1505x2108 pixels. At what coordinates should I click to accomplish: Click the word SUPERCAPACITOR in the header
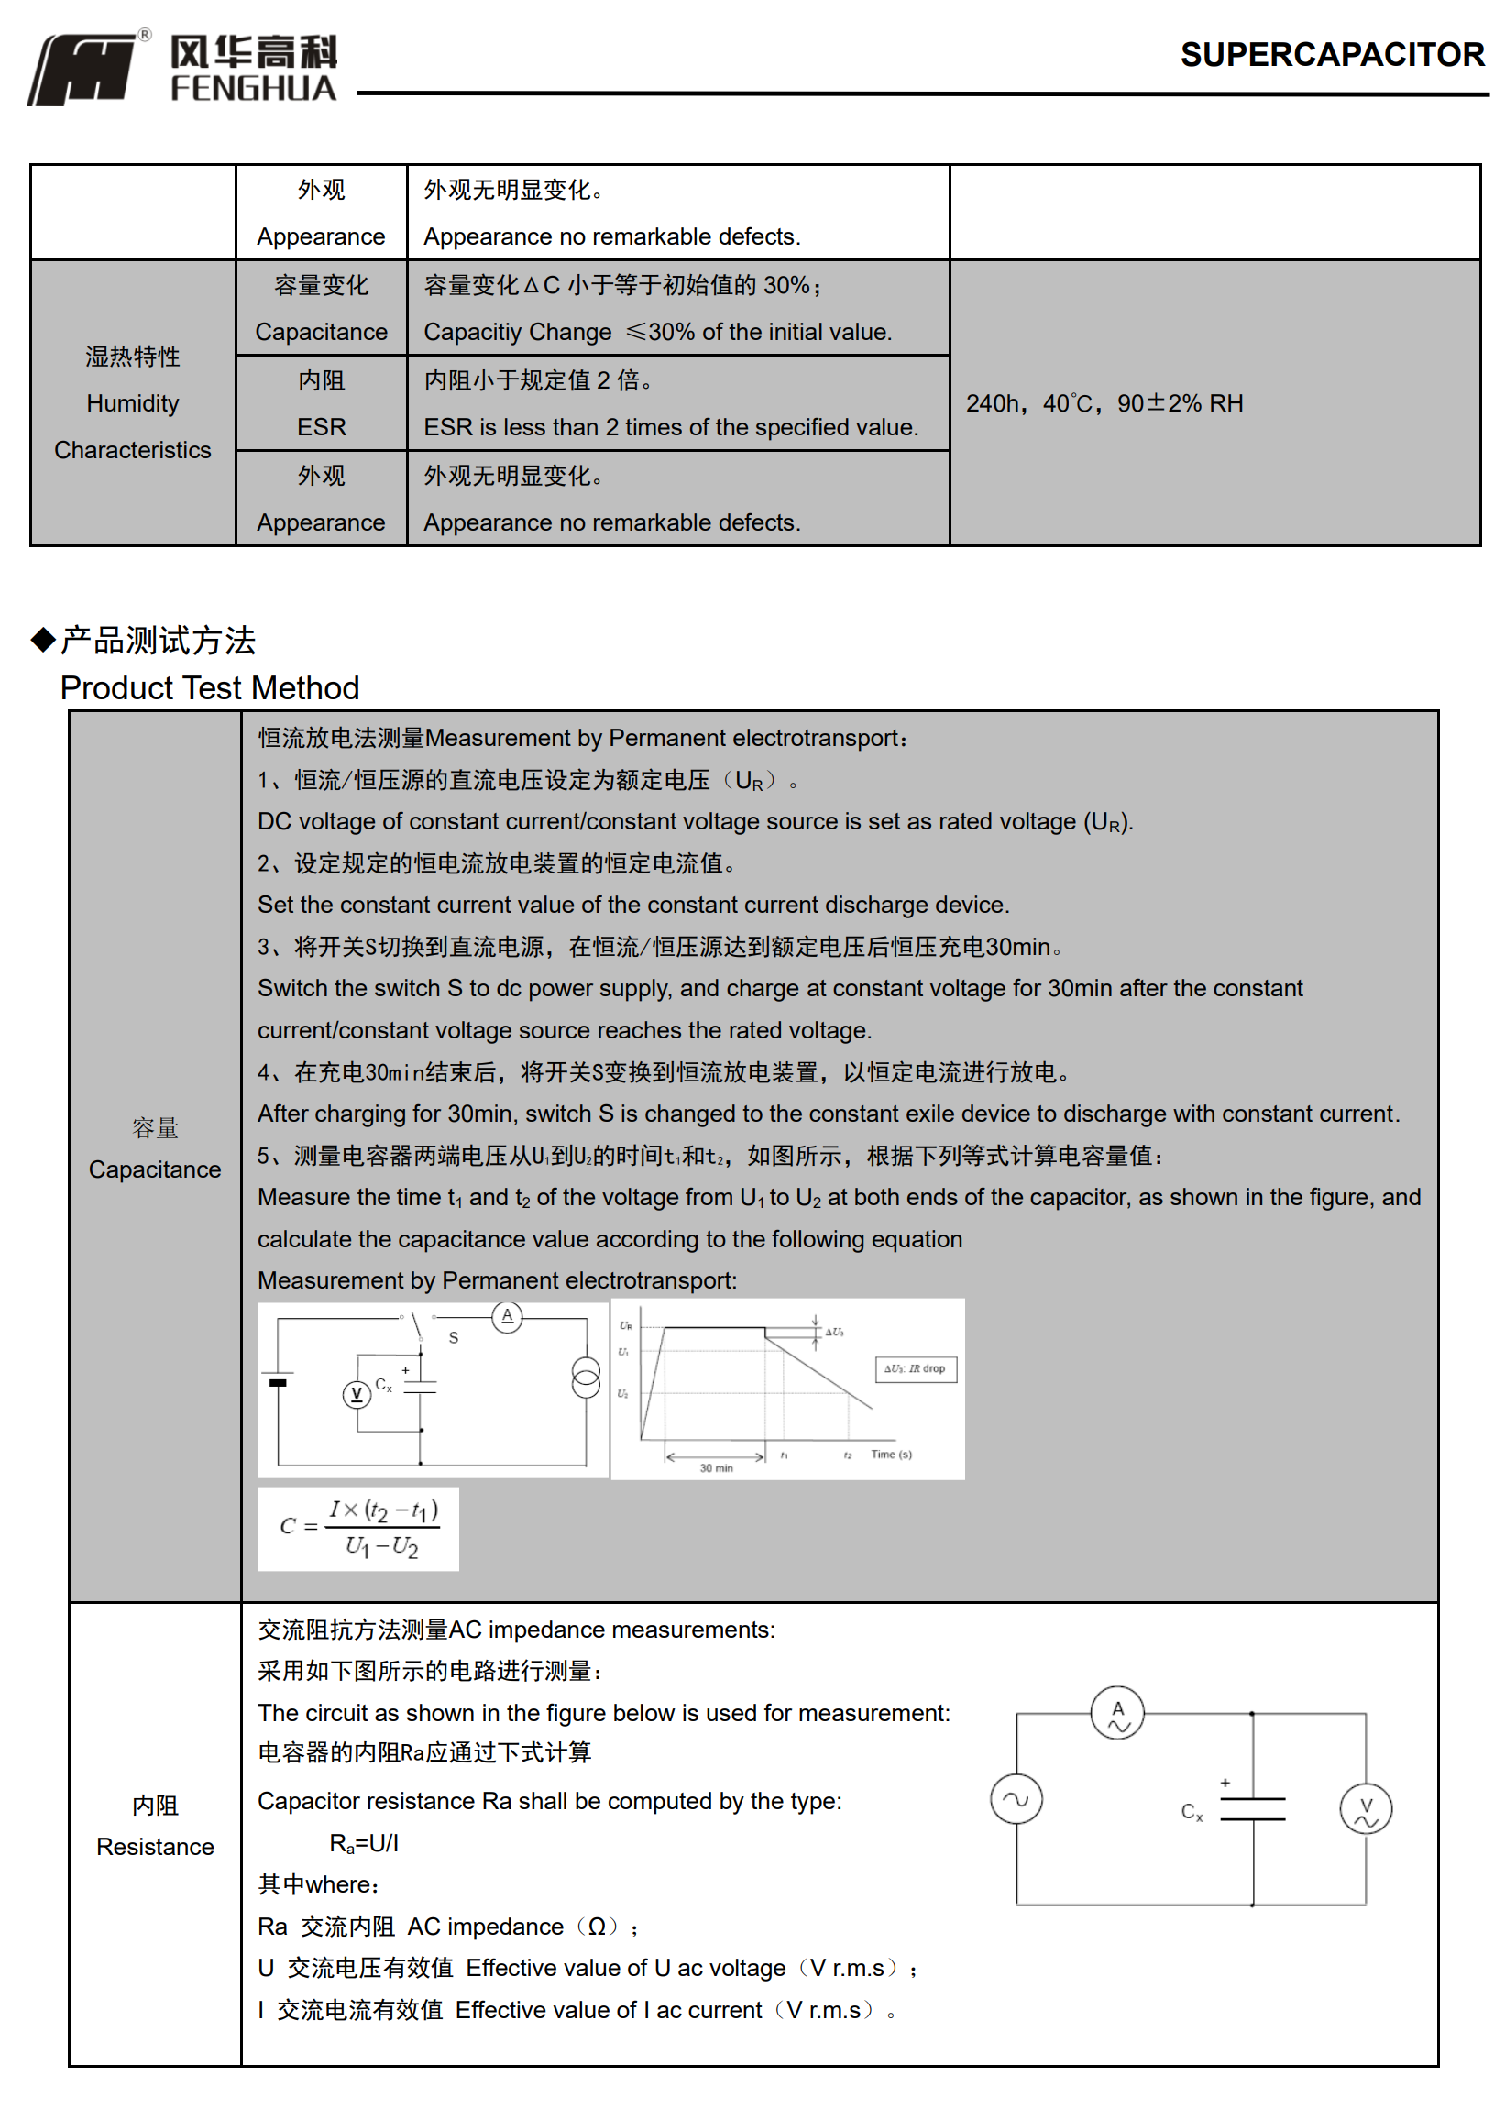(x=1332, y=55)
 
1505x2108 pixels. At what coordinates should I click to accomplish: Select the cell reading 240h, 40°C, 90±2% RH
(x=1104, y=404)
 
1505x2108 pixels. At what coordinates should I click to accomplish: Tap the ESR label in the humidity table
(x=321, y=427)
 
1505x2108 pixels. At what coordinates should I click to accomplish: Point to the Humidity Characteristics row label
(x=133, y=404)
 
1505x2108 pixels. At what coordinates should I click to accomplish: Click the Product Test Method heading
(x=210, y=688)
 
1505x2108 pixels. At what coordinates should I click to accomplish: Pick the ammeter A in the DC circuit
(x=507, y=1317)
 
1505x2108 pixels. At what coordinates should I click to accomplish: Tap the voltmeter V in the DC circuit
(x=357, y=1394)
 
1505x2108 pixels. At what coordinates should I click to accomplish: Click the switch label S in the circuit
(x=453, y=1338)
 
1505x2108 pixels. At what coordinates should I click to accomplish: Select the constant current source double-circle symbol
(x=586, y=1377)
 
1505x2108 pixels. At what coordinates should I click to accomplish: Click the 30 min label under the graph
(x=717, y=1468)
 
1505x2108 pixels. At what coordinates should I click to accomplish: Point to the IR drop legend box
(x=916, y=1368)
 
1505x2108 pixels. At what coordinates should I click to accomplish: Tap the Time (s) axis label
(x=892, y=1455)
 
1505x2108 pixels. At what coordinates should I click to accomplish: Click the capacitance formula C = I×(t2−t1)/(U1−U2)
(x=358, y=1529)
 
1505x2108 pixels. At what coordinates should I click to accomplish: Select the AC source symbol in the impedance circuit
(x=1016, y=1800)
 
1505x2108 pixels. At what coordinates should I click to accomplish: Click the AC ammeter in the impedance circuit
(x=1117, y=1714)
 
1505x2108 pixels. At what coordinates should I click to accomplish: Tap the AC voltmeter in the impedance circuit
(x=1366, y=1808)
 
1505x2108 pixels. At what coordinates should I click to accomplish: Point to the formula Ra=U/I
(x=364, y=1844)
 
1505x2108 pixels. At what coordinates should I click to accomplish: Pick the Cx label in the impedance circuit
(x=1192, y=1811)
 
